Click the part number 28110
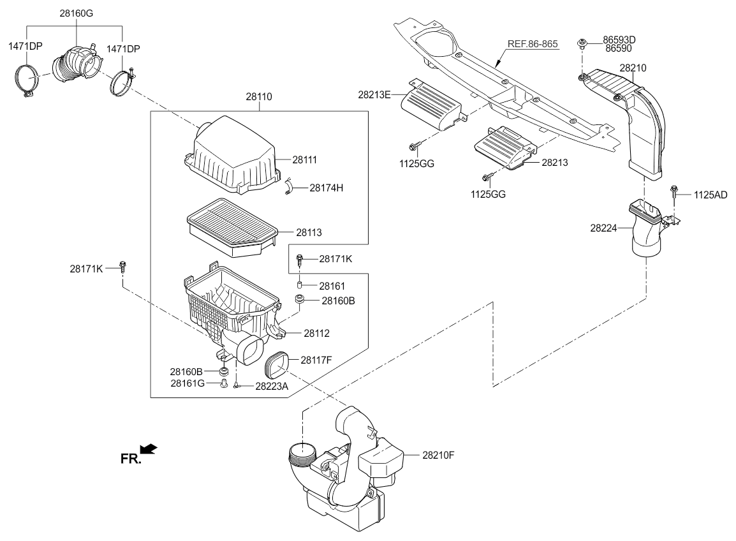259,97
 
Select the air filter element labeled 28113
231,226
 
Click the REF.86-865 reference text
533,44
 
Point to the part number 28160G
77,13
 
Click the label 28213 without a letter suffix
554,163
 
